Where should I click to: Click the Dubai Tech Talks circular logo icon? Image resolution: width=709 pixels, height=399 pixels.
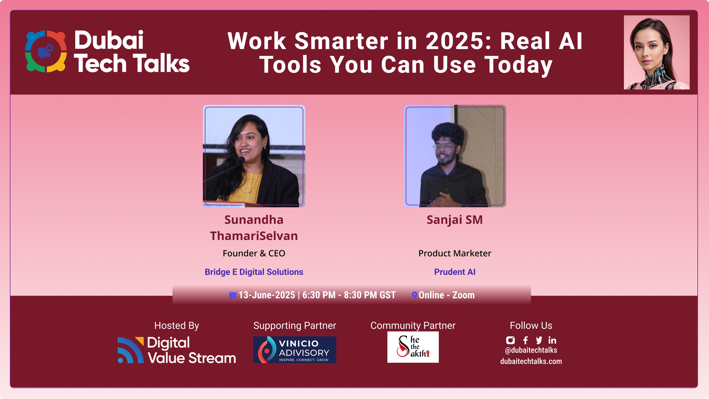pos(46,51)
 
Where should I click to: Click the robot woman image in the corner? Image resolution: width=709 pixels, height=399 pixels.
pos(656,52)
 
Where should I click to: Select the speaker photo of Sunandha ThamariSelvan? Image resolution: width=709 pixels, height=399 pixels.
pos(254,156)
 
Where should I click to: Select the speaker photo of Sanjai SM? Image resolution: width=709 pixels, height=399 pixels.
pos(455,156)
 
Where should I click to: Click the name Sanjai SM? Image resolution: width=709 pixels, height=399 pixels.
pos(455,220)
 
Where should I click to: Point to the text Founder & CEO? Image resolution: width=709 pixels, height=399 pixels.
pos(254,253)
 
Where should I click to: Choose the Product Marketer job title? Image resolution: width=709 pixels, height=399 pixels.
pos(455,253)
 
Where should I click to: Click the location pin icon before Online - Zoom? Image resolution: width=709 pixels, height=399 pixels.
pos(414,295)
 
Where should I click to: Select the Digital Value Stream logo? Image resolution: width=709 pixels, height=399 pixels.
pos(177,350)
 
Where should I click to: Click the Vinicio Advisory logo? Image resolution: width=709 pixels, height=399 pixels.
pos(294,349)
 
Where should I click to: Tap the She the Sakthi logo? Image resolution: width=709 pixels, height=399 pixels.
pos(413,347)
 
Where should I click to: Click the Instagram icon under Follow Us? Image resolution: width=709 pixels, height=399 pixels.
pos(510,340)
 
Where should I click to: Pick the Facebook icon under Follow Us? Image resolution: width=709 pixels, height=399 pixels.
pos(525,340)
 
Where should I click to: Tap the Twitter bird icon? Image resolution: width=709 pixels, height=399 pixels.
pos(539,340)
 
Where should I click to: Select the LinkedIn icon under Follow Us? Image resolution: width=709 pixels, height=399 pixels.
pos(552,340)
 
